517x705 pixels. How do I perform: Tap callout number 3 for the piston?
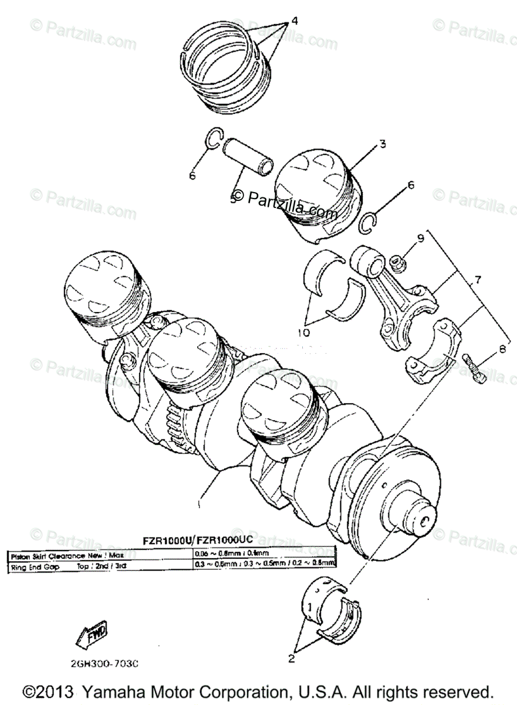pos(382,144)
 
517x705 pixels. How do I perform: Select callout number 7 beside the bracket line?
pos(478,280)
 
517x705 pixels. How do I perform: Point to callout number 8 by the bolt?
pos(502,350)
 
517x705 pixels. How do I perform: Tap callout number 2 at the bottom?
pos(291,659)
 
